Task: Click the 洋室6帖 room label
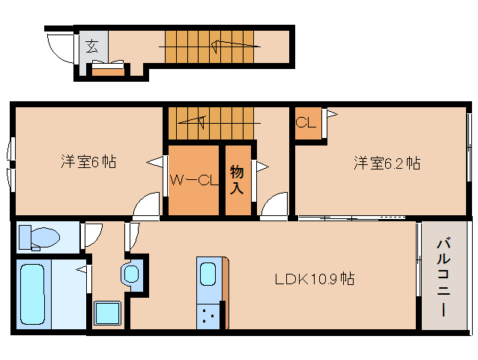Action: point(88,162)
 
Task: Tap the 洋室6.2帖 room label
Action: point(387,163)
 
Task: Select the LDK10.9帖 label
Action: point(315,279)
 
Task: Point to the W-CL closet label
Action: point(194,180)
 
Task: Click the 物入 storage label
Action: point(237,179)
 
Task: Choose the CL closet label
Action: point(306,123)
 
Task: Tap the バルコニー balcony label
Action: point(444,277)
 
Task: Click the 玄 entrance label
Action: point(91,46)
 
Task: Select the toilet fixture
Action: point(39,238)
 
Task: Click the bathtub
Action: point(32,294)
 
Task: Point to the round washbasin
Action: point(131,274)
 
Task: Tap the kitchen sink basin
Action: point(208,274)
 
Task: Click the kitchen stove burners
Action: point(208,316)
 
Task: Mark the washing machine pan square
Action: point(107,313)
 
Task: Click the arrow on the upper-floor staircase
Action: point(192,122)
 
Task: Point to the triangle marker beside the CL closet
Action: point(332,115)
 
